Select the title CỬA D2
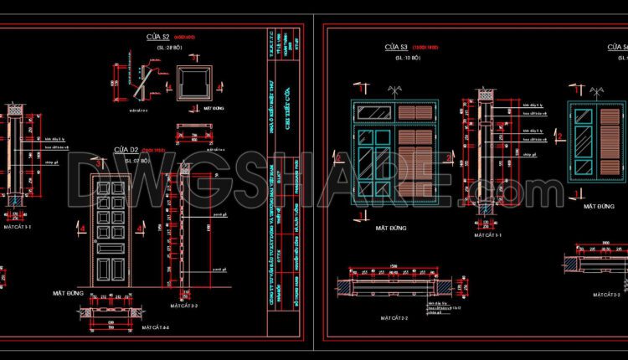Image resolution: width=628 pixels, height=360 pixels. [x=126, y=150]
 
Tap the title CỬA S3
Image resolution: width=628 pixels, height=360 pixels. [x=396, y=48]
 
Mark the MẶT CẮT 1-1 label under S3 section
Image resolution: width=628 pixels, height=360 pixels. [x=487, y=236]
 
